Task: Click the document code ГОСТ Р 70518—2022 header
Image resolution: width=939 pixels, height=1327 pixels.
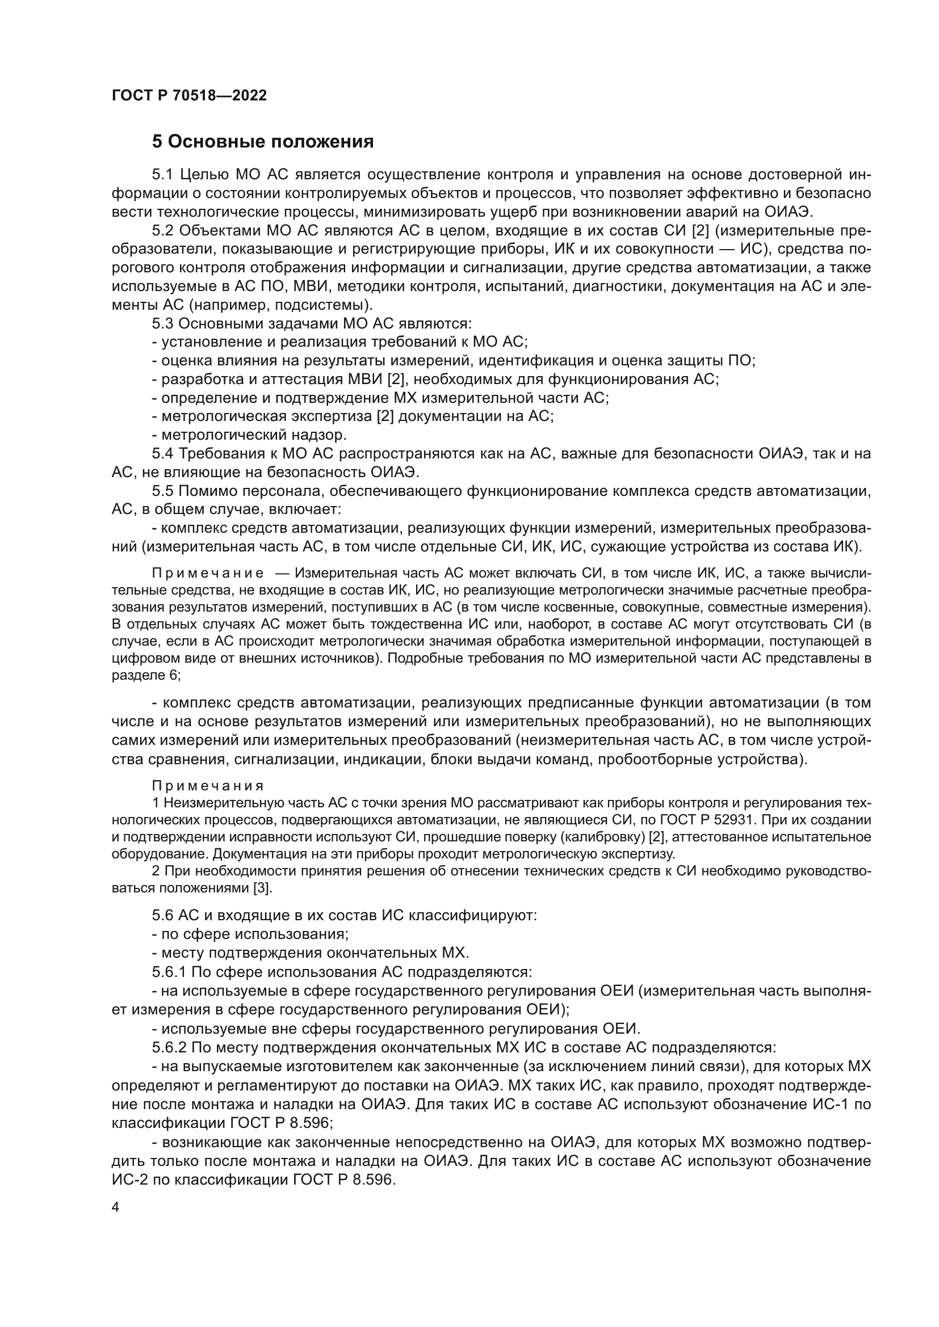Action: [x=189, y=96]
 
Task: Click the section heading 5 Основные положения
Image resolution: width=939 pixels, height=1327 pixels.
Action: [x=262, y=142]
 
